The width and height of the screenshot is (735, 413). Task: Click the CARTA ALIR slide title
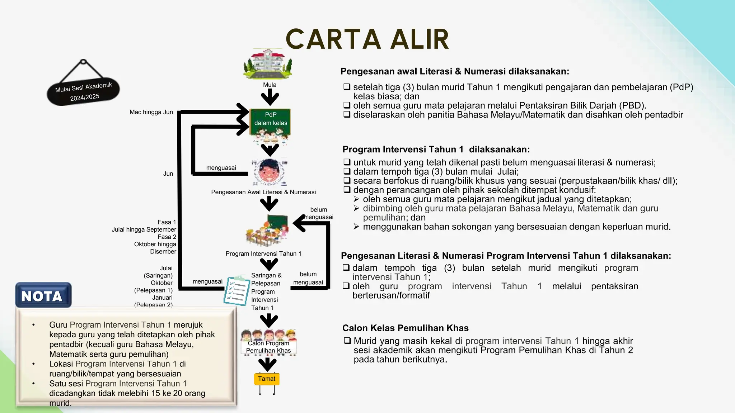coord(367,39)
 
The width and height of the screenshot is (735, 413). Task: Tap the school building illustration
coord(268,64)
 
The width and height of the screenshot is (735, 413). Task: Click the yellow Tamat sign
coord(267,379)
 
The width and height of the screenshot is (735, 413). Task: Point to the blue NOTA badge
coord(43,295)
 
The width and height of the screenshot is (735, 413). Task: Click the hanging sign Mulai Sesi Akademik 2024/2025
coord(83,92)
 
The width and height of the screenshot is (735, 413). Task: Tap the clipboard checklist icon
coord(236,290)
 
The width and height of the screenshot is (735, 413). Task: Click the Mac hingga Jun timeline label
coord(151,112)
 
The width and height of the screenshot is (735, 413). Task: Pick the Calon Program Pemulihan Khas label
coord(268,347)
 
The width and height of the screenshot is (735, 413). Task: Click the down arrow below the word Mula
coord(270,97)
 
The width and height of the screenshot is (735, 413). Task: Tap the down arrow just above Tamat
coord(267,364)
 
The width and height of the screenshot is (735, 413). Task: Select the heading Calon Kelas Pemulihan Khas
coord(405,328)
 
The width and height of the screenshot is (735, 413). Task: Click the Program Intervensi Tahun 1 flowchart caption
coord(263,254)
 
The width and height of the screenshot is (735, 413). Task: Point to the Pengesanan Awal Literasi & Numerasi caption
coord(263,192)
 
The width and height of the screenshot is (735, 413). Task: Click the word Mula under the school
coord(270,85)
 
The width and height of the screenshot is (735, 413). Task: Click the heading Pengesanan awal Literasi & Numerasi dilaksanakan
coord(455,71)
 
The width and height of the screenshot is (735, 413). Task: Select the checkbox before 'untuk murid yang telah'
coord(347,162)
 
